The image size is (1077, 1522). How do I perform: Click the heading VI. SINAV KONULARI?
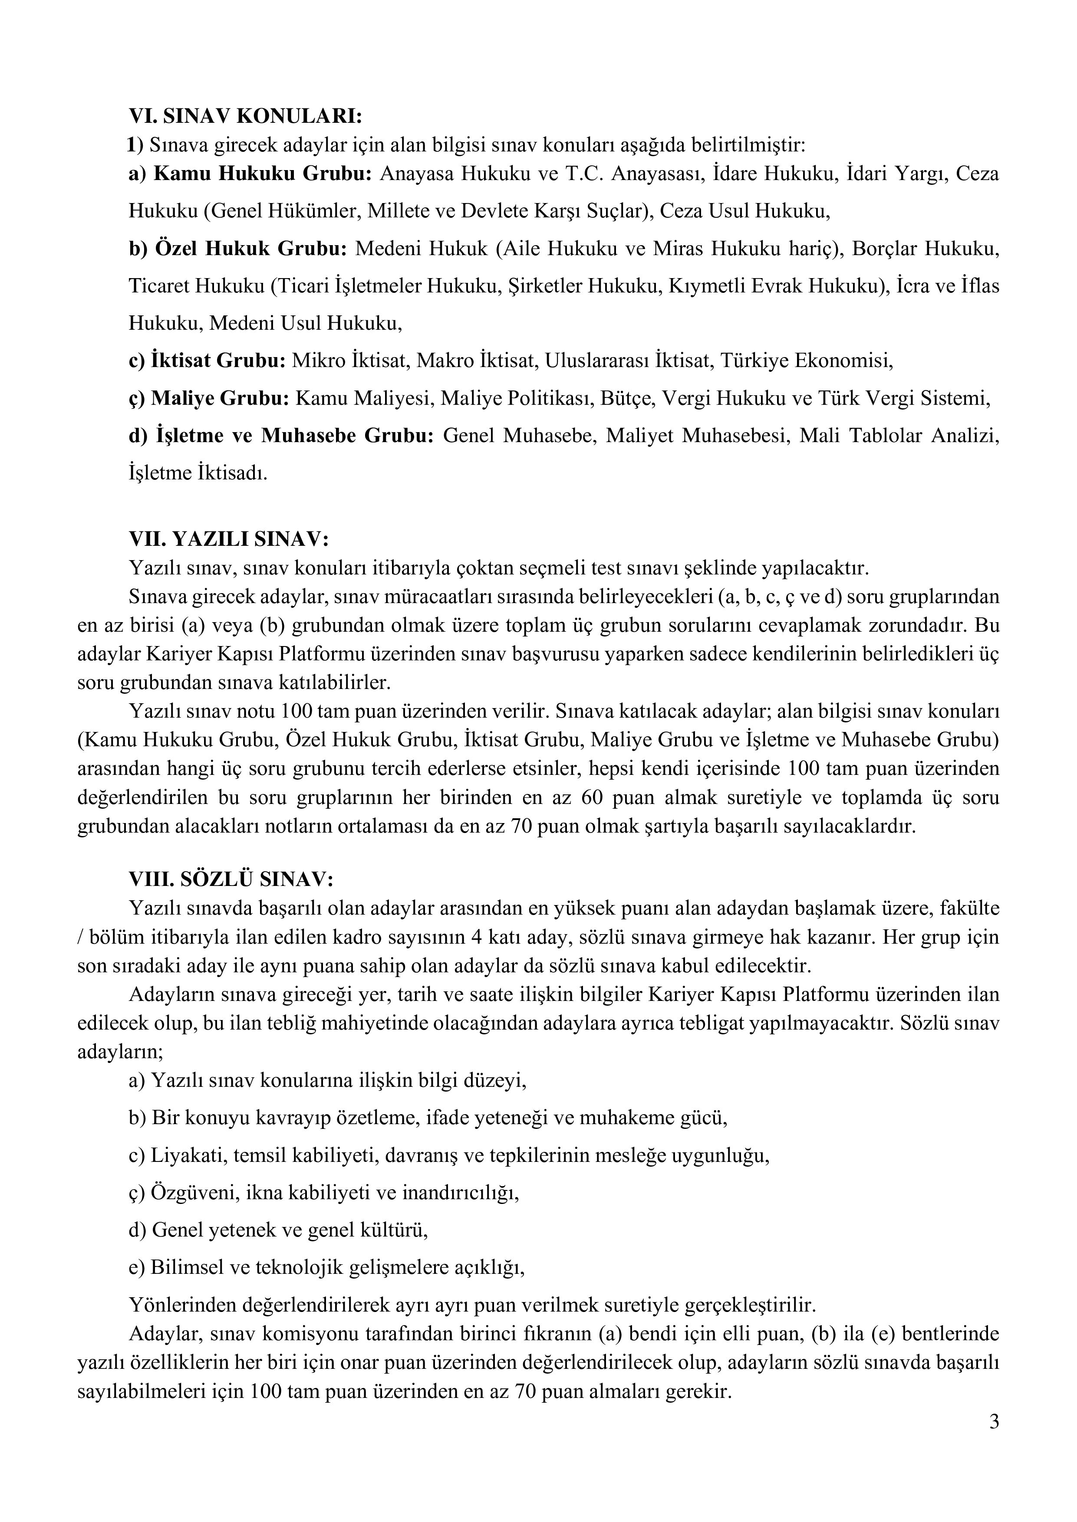tap(245, 116)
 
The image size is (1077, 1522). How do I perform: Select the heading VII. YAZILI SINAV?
tap(229, 540)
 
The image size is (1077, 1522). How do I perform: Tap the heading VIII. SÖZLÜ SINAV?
tap(231, 879)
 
